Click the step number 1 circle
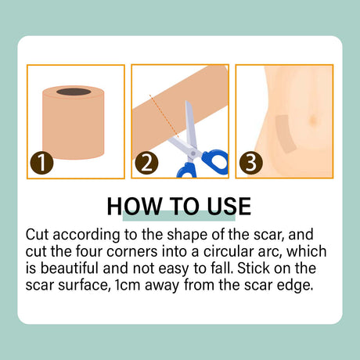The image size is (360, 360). (41, 163)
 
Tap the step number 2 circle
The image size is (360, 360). (146, 163)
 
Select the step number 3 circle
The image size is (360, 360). (251, 163)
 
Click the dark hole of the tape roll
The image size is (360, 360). (74, 92)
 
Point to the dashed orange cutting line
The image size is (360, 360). (164, 116)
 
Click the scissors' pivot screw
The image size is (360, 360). (193, 153)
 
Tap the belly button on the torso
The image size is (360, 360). (313, 121)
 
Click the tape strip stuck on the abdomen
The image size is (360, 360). (285, 133)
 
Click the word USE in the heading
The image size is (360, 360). (229, 207)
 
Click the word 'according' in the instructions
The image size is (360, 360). (86, 236)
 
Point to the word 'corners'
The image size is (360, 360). (132, 252)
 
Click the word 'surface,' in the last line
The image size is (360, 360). (83, 285)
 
